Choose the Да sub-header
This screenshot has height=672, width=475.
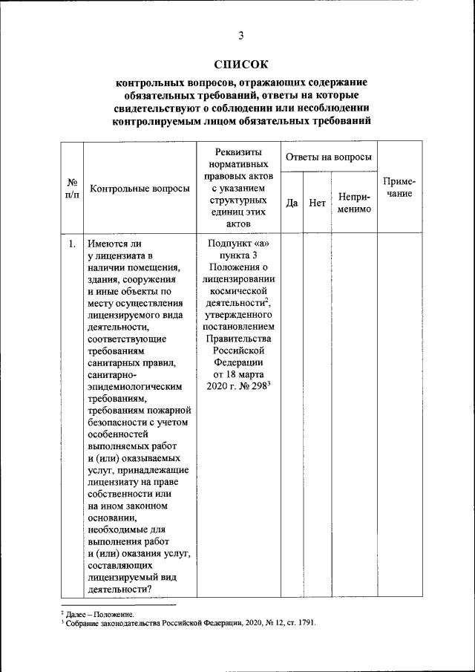[292, 202]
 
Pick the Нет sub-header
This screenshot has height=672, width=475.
[317, 202]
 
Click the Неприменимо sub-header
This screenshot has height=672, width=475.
[354, 202]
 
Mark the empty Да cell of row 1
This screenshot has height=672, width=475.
[292, 416]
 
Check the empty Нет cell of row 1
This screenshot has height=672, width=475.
[317, 416]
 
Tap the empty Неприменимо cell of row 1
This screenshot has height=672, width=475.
[354, 416]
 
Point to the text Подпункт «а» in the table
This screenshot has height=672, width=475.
[239, 244]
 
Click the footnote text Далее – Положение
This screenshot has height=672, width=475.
[100, 614]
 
